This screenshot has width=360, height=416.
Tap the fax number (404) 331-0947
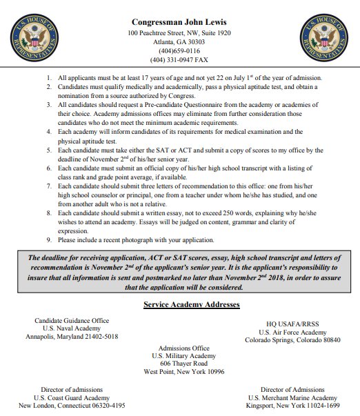point(179,60)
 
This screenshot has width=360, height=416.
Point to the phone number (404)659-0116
point(179,50)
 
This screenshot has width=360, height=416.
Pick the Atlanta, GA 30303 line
point(179,41)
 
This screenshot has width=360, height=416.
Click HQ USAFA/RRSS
point(293,324)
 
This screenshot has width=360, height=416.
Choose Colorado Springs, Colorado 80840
point(293,340)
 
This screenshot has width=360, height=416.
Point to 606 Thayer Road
point(183,363)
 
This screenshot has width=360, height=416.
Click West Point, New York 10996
point(183,372)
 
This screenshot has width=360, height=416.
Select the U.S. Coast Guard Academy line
point(72,397)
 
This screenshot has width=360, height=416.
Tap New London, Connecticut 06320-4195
point(72,406)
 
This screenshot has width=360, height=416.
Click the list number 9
point(49,239)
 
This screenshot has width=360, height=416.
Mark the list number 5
point(49,150)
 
